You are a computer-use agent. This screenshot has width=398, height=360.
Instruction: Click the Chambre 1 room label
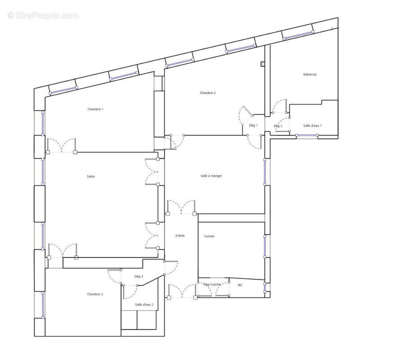pos(95,109)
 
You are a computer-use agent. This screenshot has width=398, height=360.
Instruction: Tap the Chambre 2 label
pos(208,93)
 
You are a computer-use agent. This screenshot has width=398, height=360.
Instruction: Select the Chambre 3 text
pos(95,294)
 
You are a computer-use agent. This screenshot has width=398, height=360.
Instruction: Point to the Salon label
pos(91,176)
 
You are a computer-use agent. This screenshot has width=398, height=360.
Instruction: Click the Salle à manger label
pos(211,176)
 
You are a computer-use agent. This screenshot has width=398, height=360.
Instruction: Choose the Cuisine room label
pos(209,236)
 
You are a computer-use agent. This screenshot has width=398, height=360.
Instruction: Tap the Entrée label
pos(180,235)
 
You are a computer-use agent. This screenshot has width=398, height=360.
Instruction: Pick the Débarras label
pos(310,74)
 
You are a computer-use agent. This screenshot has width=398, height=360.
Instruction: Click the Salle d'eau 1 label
pos(312,126)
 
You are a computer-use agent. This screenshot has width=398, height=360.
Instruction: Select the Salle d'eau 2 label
pos(144,305)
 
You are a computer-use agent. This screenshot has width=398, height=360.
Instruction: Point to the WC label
pos(240,284)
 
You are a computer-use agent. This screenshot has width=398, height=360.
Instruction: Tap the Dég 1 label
pos(253,126)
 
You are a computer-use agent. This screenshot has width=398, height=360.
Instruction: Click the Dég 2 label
pos(278,126)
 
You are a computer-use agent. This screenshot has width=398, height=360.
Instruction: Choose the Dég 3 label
pos(139,276)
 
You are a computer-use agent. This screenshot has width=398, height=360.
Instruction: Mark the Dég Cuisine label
pos(212,284)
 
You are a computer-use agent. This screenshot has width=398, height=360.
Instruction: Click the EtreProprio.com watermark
pos(43,15)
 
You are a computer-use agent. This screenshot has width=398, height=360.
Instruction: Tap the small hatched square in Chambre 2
pos(262,64)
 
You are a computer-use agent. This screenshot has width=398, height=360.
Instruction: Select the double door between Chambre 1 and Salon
pos(62,146)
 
